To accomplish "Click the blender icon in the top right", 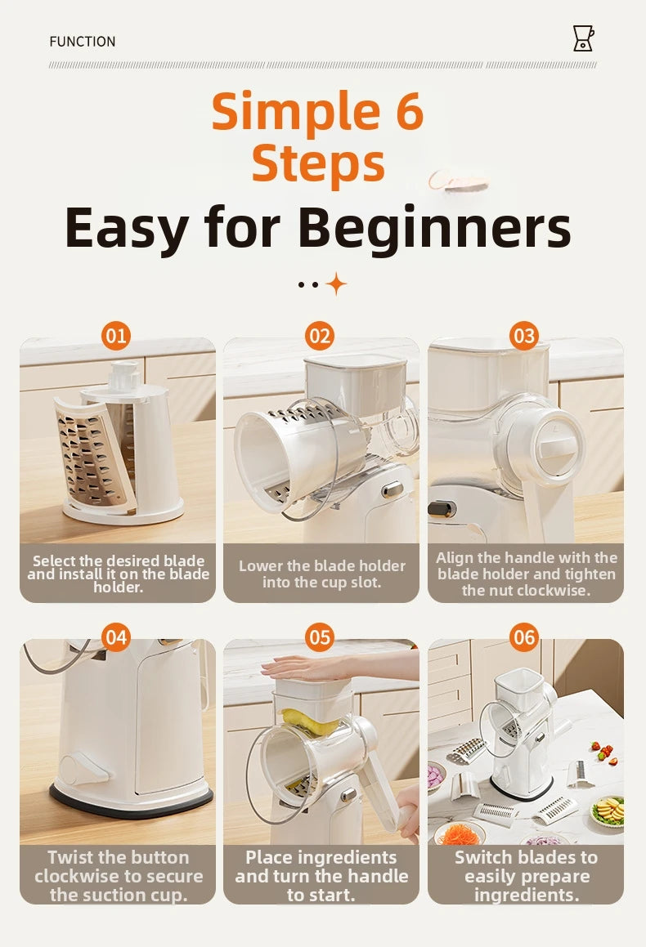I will [583, 38].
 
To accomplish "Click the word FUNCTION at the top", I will [83, 42].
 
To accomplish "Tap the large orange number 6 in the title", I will [405, 111].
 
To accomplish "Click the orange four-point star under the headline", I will [336, 284].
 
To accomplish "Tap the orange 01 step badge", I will [116, 336].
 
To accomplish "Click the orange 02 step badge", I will [320, 336].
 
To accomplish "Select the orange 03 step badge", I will [524, 336].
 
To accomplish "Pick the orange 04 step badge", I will [116, 637].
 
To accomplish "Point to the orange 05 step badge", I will [320, 637].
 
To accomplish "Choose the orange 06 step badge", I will [524, 637].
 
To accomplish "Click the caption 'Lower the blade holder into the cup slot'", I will [321, 574].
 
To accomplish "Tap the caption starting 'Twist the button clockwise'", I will [118, 875].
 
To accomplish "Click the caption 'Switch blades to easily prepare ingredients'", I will [526, 875].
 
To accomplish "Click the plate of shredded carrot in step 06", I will [459, 833].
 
